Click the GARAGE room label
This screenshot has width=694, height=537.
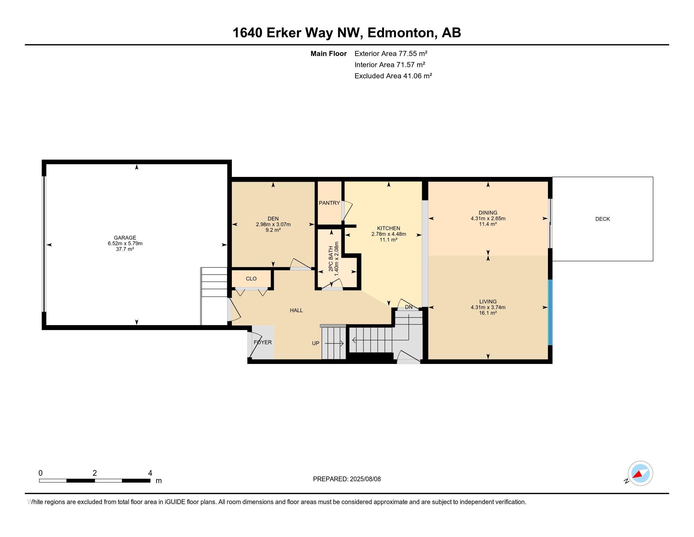125,238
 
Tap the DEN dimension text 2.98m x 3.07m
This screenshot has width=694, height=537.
273,224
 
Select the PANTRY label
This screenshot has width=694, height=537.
329,203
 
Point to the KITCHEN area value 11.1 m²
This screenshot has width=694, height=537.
389,240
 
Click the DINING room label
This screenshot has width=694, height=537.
488,213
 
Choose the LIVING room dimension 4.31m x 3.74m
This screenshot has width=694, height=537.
488,307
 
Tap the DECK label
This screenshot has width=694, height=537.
603,219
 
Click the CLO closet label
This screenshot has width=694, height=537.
251,279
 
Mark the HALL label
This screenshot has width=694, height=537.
296,311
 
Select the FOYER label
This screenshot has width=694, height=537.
263,342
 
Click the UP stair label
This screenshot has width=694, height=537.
315,343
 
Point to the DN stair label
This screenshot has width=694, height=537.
409,307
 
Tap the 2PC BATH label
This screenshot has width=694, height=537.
331,259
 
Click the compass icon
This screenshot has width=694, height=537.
640,474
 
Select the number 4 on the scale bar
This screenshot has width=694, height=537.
150,473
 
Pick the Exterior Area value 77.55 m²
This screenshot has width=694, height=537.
413,53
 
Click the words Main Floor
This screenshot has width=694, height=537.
329,53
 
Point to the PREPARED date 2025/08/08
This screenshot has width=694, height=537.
365,479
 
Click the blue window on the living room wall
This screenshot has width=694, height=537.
550,312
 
